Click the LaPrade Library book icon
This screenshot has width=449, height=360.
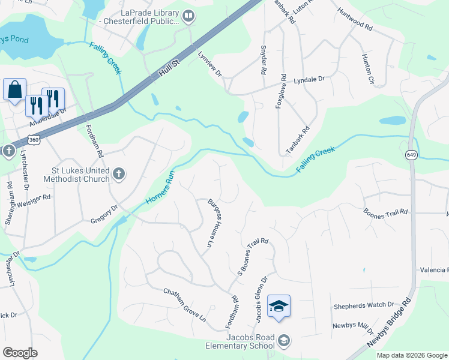188,16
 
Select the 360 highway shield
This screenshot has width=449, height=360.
35,140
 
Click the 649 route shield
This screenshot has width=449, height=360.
411,155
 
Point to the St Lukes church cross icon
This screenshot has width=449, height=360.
119,175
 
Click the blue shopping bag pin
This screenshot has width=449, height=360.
14,90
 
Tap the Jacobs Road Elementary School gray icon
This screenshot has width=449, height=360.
284,341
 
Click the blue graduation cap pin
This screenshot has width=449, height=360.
279,307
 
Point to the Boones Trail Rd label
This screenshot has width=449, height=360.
386,212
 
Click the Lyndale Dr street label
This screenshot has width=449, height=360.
309,80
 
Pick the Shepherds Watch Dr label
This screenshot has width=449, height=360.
364,305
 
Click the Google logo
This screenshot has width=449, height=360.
20,353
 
